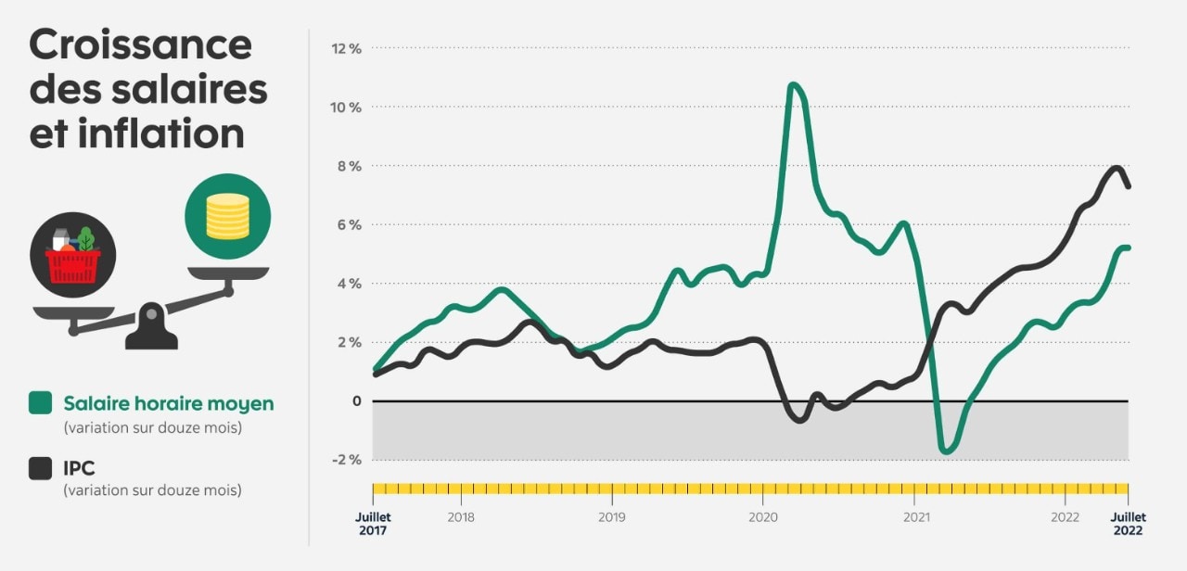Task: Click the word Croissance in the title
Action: (x=140, y=44)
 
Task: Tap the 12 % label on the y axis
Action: (x=347, y=48)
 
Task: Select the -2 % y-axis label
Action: (x=347, y=460)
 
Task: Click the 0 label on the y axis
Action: (x=356, y=401)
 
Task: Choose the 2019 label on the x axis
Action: (x=611, y=516)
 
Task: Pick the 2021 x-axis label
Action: (x=915, y=516)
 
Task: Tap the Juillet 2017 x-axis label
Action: (x=374, y=524)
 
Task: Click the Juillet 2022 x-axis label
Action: (x=1129, y=524)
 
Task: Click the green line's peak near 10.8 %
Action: (x=793, y=85)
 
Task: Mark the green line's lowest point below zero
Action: (x=946, y=451)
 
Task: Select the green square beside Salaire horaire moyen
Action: (x=40, y=403)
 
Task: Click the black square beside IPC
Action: (x=40, y=468)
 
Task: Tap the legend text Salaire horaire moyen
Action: (x=168, y=403)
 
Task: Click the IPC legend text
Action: (x=79, y=468)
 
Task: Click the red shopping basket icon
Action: (x=73, y=264)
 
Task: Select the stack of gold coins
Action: (x=227, y=215)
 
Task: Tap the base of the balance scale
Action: (x=151, y=334)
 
